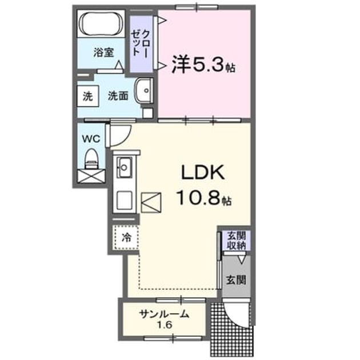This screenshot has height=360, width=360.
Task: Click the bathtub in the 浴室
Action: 101,23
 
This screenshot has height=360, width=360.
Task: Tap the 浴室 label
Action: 103,53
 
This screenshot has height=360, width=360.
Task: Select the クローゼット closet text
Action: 140,43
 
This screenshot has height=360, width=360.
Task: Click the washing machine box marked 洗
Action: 87,96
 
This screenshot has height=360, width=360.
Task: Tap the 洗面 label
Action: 118,96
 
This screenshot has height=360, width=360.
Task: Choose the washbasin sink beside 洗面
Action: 144,90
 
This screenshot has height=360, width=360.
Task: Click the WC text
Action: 91,139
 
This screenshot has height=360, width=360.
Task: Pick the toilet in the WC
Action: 91,159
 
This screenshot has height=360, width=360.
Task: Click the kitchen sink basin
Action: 124,167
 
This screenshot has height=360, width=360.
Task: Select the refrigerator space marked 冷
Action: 126,237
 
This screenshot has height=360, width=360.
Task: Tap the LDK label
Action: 203,173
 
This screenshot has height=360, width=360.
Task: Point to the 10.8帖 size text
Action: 204,198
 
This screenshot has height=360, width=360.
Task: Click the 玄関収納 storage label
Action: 236,240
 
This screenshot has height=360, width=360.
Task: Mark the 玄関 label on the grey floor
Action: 236,280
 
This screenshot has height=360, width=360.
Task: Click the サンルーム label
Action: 165,314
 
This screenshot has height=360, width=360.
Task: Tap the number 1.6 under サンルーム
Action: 165,325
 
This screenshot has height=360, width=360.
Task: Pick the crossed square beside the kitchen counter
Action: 151,202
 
